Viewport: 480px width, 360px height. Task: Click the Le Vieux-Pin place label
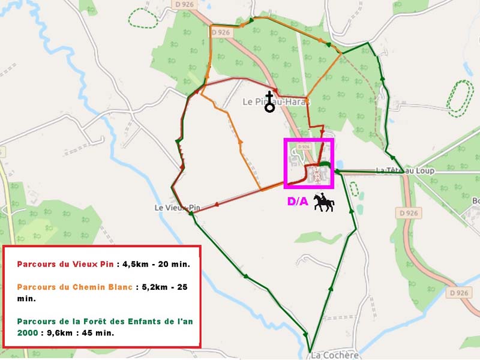176,208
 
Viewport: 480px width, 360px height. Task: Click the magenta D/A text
298,202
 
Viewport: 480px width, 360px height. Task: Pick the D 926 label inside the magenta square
303,146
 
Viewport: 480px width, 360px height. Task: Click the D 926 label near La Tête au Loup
407,212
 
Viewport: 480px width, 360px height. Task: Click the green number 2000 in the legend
28,332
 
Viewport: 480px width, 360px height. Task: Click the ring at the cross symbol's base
269,108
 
